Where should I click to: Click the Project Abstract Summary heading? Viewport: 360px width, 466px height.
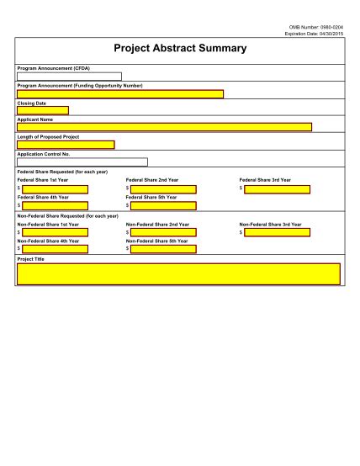click(x=179, y=49)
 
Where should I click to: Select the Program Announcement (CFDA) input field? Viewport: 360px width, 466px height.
click(x=69, y=77)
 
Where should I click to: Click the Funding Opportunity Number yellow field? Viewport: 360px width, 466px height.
click(x=120, y=93)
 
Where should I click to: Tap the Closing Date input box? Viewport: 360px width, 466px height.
click(x=43, y=110)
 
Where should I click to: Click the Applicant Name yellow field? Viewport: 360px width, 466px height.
click(x=164, y=127)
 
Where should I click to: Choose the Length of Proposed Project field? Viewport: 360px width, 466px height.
click(x=66, y=145)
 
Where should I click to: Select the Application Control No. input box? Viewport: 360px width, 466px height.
click(x=82, y=162)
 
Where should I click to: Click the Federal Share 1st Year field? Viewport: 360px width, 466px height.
click(x=55, y=188)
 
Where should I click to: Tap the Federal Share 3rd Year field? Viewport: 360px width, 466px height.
click(x=278, y=188)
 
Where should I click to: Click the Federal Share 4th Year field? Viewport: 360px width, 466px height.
click(x=55, y=205)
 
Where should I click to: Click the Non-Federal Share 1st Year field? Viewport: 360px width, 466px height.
click(x=55, y=232)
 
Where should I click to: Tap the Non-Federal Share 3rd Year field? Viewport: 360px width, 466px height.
click(x=278, y=232)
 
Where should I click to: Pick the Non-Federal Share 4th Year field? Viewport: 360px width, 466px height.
click(x=55, y=249)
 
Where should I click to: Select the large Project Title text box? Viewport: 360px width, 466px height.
click(x=178, y=274)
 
